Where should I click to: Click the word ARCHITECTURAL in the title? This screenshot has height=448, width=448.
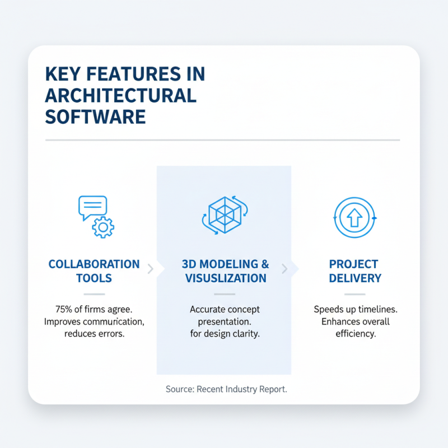(121, 95)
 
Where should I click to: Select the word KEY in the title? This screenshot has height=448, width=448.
(62, 74)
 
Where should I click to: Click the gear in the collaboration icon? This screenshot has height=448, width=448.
(103, 227)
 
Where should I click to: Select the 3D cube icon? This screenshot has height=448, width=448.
(224, 214)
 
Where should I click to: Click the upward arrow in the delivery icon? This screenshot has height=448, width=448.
(354, 218)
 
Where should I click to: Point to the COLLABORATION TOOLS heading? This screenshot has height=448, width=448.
(94, 271)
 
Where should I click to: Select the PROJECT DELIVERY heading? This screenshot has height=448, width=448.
(355, 271)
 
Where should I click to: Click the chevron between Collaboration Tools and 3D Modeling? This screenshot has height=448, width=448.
(150, 269)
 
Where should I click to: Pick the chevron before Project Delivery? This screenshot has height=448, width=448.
(284, 269)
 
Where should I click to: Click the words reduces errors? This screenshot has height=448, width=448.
(94, 334)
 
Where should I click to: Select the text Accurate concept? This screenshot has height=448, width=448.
(225, 309)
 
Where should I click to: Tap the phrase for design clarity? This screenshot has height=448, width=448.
(225, 334)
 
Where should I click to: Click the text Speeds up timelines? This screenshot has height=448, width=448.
(355, 309)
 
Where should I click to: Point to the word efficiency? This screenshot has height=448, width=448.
(355, 334)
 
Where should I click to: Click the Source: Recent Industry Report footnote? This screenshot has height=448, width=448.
(226, 389)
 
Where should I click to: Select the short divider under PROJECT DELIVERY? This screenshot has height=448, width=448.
(354, 294)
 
